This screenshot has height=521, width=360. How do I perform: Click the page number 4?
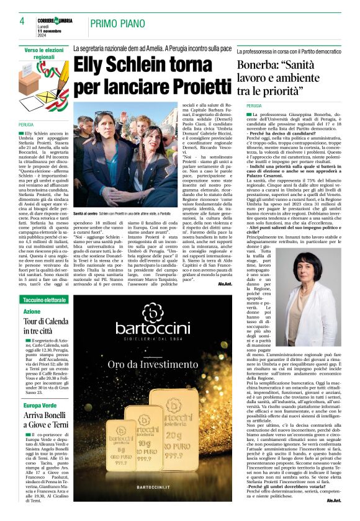click(22, 21)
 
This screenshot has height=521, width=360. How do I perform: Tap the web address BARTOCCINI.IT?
click(151, 505)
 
